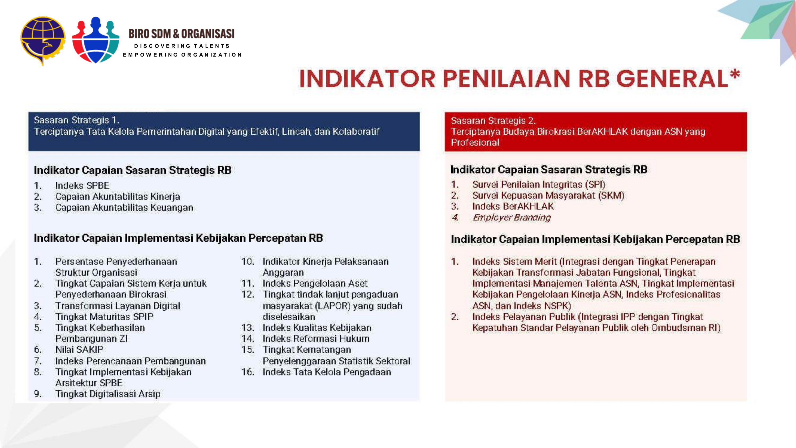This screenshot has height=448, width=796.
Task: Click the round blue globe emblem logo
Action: [x=43, y=40]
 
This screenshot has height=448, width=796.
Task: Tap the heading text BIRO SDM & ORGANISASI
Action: [x=181, y=34]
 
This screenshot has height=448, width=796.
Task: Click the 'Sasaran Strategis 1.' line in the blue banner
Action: [x=76, y=120]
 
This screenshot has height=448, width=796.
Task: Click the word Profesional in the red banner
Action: [x=475, y=143]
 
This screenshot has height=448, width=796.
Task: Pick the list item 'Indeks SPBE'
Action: [x=82, y=186]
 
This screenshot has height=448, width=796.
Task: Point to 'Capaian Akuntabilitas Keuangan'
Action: [x=124, y=207]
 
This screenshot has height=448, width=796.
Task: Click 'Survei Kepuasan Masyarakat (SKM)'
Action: [x=548, y=195]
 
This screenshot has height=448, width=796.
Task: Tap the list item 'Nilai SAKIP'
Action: [x=79, y=350]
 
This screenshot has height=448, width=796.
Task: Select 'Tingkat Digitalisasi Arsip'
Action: [x=108, y=394]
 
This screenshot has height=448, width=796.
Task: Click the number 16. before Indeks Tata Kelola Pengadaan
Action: [x=248, y=372]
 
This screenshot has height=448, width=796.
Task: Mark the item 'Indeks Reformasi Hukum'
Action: [x=316, y=339]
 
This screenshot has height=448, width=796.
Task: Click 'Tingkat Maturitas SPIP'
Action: [x=104, y=317]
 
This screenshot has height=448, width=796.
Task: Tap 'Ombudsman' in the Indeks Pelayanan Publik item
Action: [x=678, y=328]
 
